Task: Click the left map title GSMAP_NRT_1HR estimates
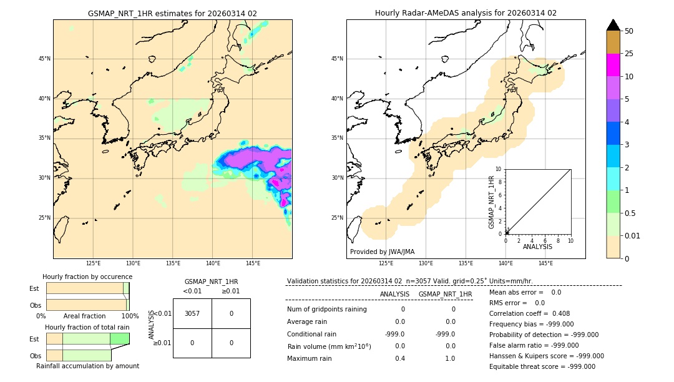coord(172,13)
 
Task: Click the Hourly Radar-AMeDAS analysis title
coord(466,13)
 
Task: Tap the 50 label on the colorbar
coord(629,31)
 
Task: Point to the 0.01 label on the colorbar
coord(633,235)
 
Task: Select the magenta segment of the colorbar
coord(613,65)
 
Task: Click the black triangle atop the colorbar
coord(613,25)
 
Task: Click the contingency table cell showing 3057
coord(192,313)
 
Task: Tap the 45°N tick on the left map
coord(44,59)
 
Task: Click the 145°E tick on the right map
coord(545,263)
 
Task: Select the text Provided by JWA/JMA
coord(382,252)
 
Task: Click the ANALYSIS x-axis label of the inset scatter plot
coord(537,247)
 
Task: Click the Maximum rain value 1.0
coord(450,358)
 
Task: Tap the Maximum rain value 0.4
coord(400,358)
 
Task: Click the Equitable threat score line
coord(542,366)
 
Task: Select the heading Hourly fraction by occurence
coord(87,277)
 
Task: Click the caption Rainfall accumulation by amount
coord(87,366)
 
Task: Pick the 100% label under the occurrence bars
coord(130,316)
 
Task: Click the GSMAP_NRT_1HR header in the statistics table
coord(445,294)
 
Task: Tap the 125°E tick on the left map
coord(93,263)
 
